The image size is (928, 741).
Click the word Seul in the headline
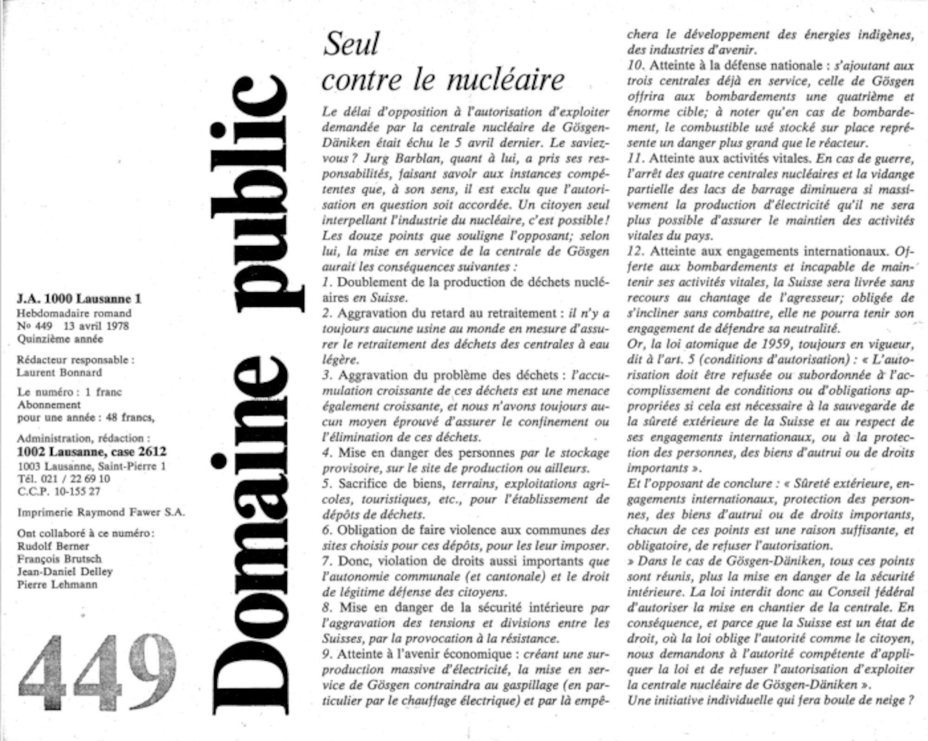[351, 44]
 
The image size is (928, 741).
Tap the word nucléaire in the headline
[506, 80]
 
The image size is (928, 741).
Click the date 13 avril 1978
[96, 326]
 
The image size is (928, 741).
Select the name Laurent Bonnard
[59, 373]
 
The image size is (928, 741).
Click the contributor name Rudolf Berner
[53, 546]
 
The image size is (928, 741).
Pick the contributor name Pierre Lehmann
[58, 584]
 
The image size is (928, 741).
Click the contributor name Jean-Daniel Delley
[65, 572]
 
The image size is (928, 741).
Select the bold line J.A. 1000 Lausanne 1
[79, 299]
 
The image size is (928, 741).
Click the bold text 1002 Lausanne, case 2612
[91, 451]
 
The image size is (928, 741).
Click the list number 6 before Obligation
[328, 530]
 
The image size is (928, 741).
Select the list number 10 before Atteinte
[635, 66]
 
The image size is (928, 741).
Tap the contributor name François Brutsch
[59, 559]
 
